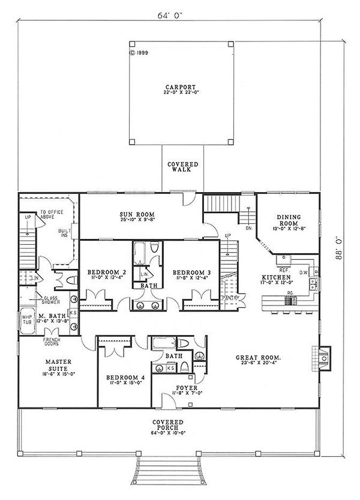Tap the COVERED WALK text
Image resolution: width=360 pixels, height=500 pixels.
(x=179, y=166)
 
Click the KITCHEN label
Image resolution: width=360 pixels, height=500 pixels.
(x=274, y=277)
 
